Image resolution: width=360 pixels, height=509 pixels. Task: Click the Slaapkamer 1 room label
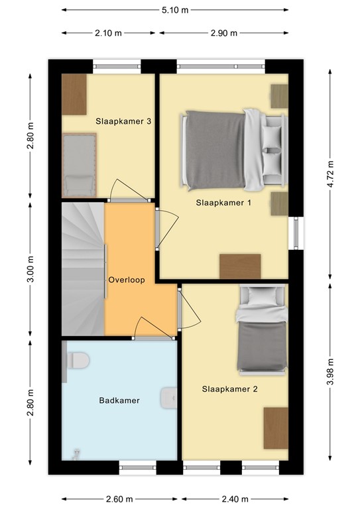[223, 203]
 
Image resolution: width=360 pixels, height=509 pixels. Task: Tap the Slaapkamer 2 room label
[229, 389]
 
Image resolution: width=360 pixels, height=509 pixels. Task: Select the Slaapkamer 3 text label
[123, 121]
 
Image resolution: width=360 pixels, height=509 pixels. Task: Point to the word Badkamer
[119, 400]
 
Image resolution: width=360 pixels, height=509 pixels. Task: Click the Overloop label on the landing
[127, 280]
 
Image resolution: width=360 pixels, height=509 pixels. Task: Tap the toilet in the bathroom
[78, 361]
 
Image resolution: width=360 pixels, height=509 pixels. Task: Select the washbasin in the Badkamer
[168, 398]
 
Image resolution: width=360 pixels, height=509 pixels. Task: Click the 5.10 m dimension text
[175, 10]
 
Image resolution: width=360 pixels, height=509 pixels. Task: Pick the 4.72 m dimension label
[330, 174]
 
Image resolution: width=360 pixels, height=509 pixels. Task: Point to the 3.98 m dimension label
[330, 372]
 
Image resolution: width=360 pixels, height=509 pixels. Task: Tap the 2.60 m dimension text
[119, 499]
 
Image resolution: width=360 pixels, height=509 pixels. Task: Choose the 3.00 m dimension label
[30, 269]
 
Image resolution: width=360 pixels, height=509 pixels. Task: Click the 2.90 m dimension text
[224, 33]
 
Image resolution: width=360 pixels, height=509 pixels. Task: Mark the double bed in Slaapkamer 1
[234, 150]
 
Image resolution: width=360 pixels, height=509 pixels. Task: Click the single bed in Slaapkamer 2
[262, 330]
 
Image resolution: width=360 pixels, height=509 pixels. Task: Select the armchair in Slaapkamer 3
[79, 165]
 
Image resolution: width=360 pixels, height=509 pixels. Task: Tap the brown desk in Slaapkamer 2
[276, 428]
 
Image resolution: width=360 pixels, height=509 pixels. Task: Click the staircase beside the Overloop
[83, 269]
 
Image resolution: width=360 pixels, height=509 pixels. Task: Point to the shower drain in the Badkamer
[76, 454]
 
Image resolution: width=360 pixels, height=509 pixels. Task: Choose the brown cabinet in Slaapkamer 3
[74, 95]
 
